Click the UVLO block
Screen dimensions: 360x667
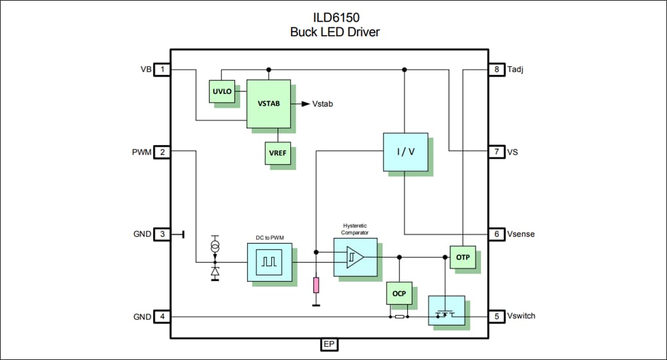click(x=222, y=91)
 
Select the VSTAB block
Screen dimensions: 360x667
click(x=268, y=104)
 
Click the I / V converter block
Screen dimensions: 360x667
click(x=405, y=151)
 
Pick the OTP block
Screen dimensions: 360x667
click(x=463, y=257)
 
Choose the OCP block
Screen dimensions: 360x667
click(x=399, y=293)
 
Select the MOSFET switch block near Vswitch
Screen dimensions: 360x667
click(x=447, y=311)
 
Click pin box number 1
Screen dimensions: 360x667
click(x=162, y=70)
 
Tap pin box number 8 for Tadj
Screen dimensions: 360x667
click(x=496, y=70)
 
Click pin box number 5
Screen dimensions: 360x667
click(x=496, y=316)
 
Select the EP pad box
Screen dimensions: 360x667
click(x=330, y=345)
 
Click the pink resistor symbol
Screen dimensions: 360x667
click(x=316, y=285)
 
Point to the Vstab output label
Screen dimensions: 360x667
click(x=322, y=104)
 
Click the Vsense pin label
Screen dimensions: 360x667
click(x=521, y=234)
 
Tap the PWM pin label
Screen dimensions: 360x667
click(x=141, y=152)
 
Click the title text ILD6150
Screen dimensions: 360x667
click(x=334, y=18)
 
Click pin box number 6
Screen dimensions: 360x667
click(x=496, y=234)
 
